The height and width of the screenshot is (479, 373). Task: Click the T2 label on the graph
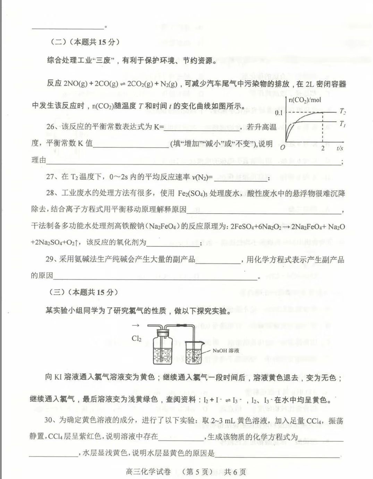click(x=342, y=111)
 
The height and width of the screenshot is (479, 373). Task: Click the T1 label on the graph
click(x=342, y=124)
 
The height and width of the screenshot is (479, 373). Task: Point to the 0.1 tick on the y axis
click(x=279, y=113)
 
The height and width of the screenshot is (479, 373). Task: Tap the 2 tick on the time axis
click(x=323, y=148)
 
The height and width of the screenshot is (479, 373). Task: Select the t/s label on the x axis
click(x=340, y=148)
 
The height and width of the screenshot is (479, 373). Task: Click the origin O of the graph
click(x=282, y=147)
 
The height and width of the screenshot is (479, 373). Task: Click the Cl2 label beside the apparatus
click(x=136, y=338)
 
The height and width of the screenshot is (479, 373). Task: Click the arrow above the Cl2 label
click(x=136, y=325)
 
